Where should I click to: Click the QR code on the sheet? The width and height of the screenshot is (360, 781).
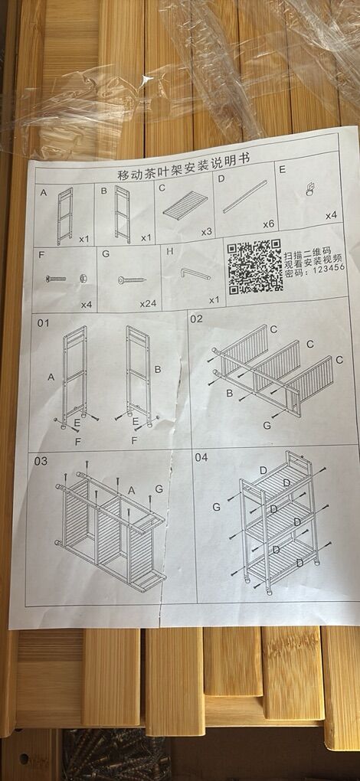click(255, 267)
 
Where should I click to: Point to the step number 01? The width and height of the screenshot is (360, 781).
click(44, 323)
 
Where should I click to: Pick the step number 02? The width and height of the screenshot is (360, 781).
click(197, 319)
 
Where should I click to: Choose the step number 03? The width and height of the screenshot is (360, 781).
click(41, 461)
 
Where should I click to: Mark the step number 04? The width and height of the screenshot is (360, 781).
click(201, 457)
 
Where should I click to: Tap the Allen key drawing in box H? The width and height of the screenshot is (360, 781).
click(195, 274)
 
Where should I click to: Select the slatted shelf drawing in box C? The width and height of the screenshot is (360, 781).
click(185, 205)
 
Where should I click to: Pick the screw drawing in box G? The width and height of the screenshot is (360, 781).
click(132, 280)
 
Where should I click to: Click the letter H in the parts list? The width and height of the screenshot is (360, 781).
click(170, 252)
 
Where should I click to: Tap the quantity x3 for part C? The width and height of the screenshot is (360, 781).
click(207, 232)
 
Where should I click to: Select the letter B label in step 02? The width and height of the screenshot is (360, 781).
click(230, 393)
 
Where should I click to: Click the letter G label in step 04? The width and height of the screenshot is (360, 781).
click(216, 507)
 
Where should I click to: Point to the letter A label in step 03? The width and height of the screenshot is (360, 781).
click(132, 491)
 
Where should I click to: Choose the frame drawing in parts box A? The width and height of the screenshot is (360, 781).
click(65, 216)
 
